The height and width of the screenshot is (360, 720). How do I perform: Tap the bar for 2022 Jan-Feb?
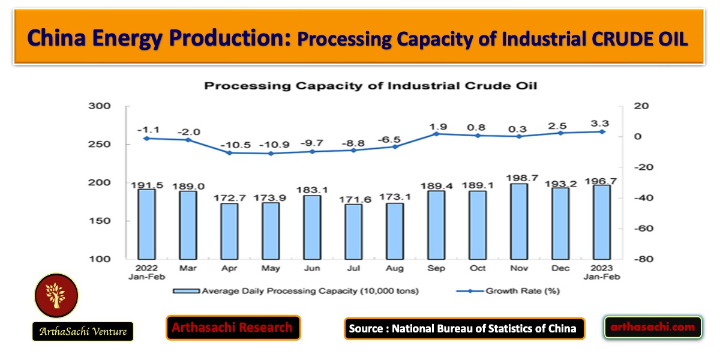coord(146,223)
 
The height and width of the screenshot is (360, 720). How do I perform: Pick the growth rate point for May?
coord(271,154)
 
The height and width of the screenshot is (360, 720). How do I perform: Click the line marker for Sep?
coord(436,134)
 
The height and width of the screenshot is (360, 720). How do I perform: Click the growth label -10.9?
coord(271,144)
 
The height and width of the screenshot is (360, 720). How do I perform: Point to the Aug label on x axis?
coord(394,269)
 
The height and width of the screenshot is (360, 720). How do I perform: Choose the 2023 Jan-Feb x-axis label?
coord(602,273)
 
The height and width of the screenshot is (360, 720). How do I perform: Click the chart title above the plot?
coord(370,86)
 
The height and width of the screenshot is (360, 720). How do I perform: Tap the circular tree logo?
coord(56,295)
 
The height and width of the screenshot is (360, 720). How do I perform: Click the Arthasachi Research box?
coord(233,328)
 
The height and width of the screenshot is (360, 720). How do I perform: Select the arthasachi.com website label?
coord(653,327)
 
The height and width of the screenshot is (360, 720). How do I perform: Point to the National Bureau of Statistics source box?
coord(464,328)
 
